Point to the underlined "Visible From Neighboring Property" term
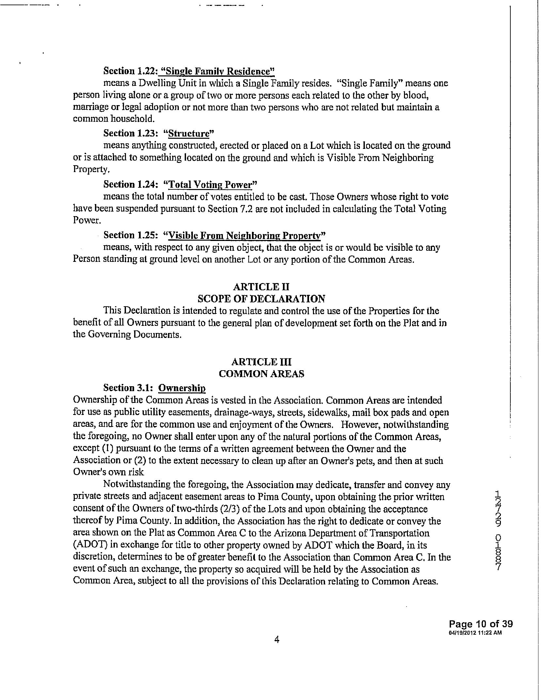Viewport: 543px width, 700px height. tap(244, 235)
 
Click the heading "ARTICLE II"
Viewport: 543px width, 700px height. tap(261, 287)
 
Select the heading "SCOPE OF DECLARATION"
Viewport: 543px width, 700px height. tap(261, 299)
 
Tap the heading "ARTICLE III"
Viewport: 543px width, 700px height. tap(261, 362)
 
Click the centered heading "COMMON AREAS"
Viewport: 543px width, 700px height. tap(261, 374)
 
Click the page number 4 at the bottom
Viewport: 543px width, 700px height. tap(277, 640)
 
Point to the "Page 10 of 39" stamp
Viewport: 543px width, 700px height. tap(481, 624)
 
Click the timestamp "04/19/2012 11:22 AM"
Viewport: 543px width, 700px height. tap(475, 633)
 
